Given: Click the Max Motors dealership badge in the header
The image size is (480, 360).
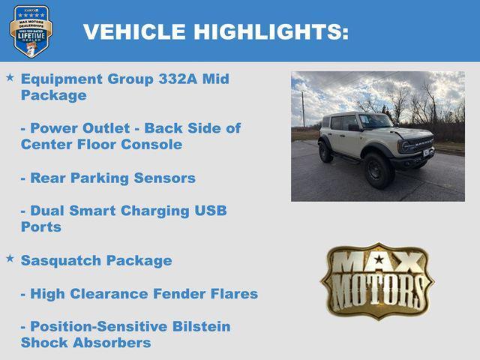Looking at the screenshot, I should coord(31,31).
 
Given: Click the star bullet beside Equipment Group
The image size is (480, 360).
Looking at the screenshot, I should coord(10,78).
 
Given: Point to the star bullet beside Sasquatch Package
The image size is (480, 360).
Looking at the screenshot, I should coord(10,259).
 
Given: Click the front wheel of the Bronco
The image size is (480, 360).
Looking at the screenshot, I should coord(378,170).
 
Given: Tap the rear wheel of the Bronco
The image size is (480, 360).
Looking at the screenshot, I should coord(325,152).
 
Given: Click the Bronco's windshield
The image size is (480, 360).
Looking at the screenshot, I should coord(374,121).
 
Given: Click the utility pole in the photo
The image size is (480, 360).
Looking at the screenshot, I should coord(303,109).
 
